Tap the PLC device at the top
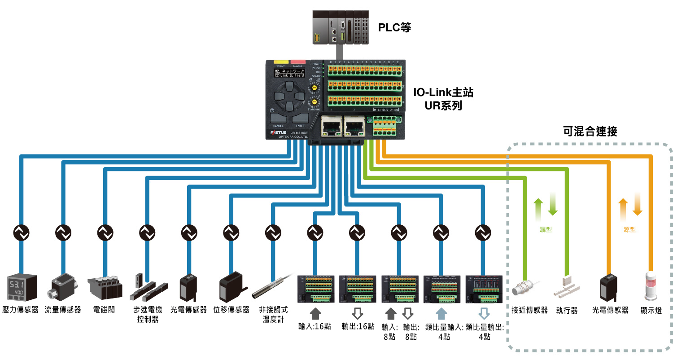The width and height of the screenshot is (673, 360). tap(341, 27)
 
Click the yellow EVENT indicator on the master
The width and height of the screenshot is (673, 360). tap(281, 62)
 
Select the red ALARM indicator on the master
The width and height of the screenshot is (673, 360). tap(297, 62)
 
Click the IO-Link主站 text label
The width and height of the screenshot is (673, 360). tap(443, 93)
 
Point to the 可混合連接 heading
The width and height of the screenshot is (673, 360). tap(590, 132)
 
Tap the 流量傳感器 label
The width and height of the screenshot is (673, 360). tap(63, 310)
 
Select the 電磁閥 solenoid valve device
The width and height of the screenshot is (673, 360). tap(105, 287)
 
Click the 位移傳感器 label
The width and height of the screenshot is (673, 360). tap(231, 310)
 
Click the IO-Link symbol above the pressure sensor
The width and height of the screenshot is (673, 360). tap(21, 232)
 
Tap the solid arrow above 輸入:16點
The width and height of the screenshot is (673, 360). tap(315, 312)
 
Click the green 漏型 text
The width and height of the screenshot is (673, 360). tap(546, 230)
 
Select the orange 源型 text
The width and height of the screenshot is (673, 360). tap(629, 230)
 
